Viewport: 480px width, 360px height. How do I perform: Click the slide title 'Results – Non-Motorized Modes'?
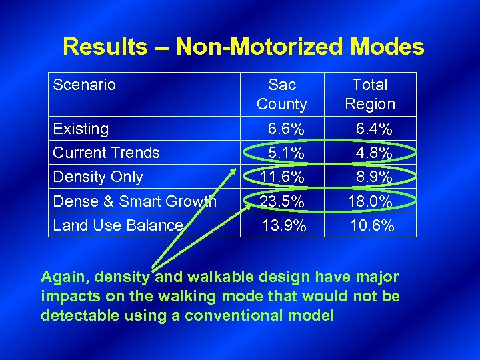click(243, 47)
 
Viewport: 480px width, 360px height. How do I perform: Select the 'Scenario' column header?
click(84, 85)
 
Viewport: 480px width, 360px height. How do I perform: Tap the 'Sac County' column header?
click(282, 94)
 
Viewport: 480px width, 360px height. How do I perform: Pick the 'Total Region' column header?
click(370, 94)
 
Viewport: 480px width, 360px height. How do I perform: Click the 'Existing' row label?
click(81, 128)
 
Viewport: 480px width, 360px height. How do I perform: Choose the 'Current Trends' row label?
click(106, 153)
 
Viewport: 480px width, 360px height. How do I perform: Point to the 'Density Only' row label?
click(97, 177)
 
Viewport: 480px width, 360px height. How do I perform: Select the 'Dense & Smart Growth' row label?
click(134, 201)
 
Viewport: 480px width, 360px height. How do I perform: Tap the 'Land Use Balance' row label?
click(117, 225)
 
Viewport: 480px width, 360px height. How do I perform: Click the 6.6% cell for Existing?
click(286, 129)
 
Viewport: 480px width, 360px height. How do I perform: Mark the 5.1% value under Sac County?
click(286, 153)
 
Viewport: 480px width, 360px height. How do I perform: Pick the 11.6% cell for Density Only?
click(283, 177)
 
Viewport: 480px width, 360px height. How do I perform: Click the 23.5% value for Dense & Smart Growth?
click(283, 201)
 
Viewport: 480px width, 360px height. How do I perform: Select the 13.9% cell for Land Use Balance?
click(285, 226)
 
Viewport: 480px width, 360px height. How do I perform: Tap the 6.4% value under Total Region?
click(373, 129)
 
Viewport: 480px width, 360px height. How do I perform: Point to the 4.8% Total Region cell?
click(373, 153)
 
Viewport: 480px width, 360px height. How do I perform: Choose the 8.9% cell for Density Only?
click(373, 177)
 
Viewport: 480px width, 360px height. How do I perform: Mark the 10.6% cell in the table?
click(372, 226)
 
